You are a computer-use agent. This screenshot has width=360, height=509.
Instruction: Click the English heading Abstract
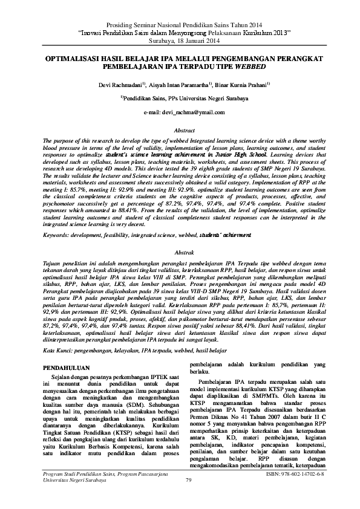(180, 131)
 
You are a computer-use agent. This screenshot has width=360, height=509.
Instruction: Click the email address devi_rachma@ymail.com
(180, 112)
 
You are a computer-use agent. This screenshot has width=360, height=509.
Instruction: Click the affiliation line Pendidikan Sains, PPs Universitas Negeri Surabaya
(182, 99)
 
